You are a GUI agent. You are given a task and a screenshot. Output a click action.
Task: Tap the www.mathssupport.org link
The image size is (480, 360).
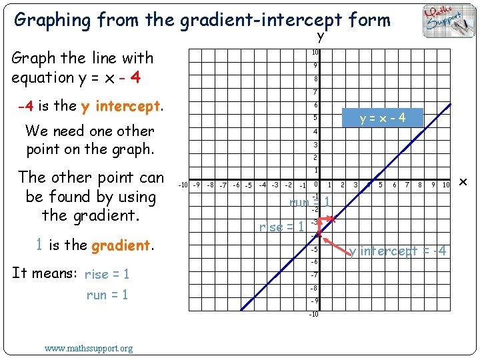(x=89, y=347)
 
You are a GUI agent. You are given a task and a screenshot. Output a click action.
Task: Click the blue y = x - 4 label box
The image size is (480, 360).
(x=383, y=118)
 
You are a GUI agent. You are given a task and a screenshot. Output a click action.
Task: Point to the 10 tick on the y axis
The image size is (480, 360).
(x=315, y=53)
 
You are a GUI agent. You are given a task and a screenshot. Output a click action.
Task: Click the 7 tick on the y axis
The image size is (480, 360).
(x=315, y=92)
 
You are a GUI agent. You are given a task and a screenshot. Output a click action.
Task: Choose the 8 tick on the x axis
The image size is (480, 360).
(x=419, y=185)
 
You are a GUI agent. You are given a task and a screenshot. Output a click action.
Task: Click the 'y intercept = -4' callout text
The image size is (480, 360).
(x=398, y=251)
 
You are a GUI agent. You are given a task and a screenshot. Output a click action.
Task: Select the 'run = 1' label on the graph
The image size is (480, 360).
(x=309, y=201)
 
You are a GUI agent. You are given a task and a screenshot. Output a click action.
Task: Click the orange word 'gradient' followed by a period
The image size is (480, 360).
(x=121, y=245)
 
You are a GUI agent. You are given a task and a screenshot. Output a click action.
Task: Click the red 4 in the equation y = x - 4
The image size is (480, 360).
(x=135, y=77)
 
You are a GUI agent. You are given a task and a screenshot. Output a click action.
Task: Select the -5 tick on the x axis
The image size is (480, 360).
(x=247, y=185)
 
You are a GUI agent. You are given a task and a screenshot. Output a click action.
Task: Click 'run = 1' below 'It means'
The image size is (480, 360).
(x=107, y=295)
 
